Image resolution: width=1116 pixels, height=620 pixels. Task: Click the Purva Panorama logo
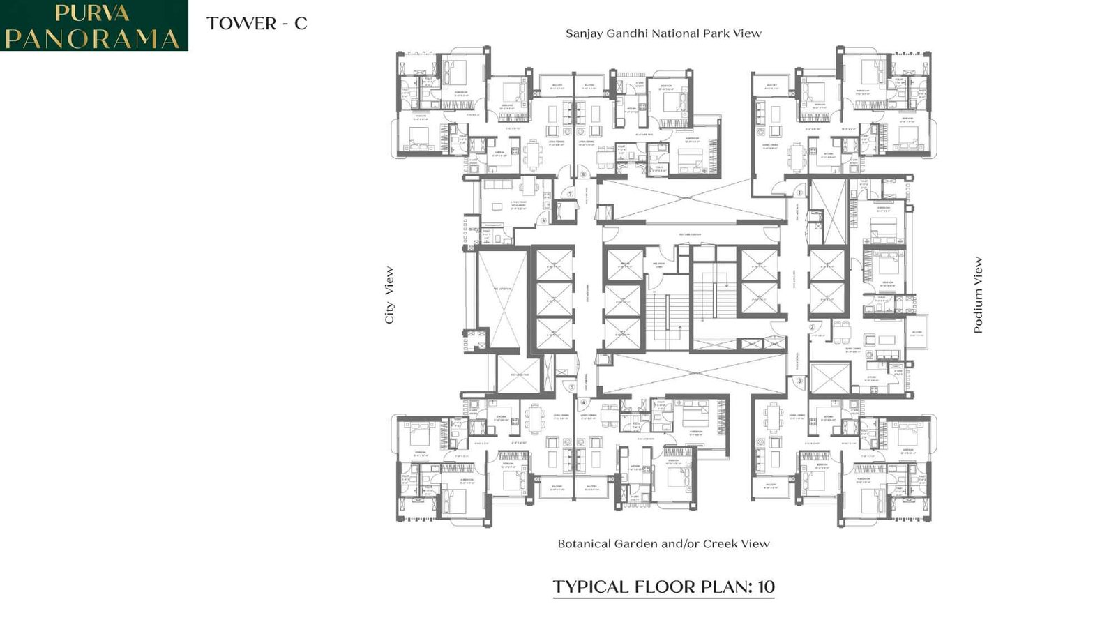(93, 25)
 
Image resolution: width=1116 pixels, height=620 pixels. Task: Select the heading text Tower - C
(257, 24)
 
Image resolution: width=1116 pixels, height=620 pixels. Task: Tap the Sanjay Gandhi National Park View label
(663, 33)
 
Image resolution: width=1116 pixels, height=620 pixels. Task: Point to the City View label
(389, 295)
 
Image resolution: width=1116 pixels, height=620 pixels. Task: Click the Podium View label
(978, 295)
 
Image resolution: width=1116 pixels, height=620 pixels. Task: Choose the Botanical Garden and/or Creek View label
(663, 544)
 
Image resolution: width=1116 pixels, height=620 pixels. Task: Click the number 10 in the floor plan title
(766, 587)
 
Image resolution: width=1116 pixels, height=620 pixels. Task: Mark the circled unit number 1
(800, 192)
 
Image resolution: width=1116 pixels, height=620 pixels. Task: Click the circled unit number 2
(812, 327)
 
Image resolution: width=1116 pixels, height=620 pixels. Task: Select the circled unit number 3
(799, 381)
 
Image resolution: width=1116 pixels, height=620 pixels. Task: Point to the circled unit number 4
(584, 402)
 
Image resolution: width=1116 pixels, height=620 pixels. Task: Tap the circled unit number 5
(572, 387)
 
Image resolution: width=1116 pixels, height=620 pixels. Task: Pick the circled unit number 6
(544, 220)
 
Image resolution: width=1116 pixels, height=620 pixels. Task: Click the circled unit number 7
(570, 194)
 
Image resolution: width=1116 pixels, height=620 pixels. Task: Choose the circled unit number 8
(583, 175)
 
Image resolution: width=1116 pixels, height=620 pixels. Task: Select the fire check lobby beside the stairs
(658, 265)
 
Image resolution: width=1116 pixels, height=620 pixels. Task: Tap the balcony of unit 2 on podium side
(917, 333)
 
